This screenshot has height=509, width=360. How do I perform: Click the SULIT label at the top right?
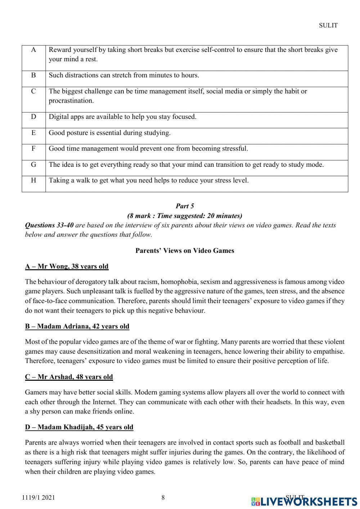click(328, 25)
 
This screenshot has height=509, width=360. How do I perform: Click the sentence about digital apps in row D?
click(122, 117)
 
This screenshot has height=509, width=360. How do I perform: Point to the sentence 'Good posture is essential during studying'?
click(109, 133)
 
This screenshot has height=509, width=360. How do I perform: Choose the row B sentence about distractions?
click(124, 75)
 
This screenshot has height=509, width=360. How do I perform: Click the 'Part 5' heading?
click(185, 206)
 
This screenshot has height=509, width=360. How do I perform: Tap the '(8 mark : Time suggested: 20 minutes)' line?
click(185, 216)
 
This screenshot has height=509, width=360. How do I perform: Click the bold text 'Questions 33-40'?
click(49, 225)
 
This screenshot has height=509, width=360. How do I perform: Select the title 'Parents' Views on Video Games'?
click(185, 250)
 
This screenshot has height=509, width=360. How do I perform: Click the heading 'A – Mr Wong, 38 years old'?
click(67, 266)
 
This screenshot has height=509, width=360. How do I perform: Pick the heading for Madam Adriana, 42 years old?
click(77, 326)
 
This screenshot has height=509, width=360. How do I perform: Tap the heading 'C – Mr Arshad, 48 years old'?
click(69, 377)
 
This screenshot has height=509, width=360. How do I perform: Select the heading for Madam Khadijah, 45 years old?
click(79, 427)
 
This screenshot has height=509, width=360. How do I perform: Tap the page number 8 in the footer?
click(163, 497)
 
